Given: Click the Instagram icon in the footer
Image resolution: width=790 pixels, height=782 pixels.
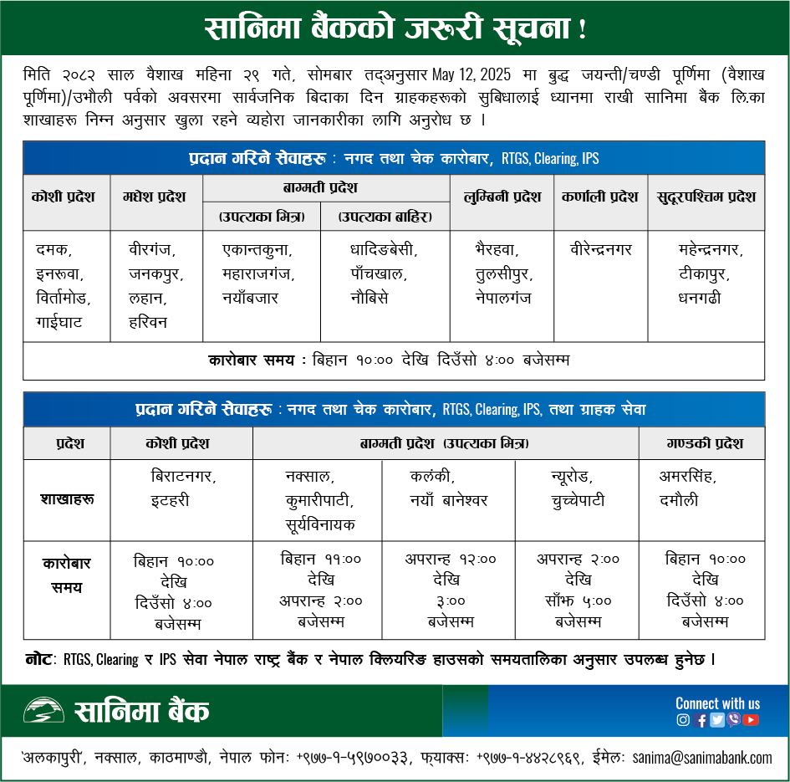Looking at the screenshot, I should click(x=683, y=719).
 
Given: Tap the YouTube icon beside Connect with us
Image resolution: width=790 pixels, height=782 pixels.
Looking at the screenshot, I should click(x=751, y=719).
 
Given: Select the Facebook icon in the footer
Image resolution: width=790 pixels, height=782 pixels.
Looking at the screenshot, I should click(x=701, y=719).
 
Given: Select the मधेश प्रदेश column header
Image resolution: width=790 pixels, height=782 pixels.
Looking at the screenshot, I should click(x=156, y=197).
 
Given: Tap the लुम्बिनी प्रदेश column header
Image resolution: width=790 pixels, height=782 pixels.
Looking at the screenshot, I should click(x=502, y=197).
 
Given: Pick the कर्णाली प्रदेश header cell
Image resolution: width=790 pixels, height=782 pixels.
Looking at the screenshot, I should click(x=600, y=197).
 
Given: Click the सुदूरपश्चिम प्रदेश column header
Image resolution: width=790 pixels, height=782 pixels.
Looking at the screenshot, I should click(x=706, y=197).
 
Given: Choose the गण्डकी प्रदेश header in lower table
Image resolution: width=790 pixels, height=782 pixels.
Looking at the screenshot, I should click(x=701, y=443).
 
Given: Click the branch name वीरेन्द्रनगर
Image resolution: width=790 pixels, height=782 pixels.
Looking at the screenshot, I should click(x=600, y=249).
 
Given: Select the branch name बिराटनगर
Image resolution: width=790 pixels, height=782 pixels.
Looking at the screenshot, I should click(x=183, y=477).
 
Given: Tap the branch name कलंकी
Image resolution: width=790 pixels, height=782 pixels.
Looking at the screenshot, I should click(x=432, y=477).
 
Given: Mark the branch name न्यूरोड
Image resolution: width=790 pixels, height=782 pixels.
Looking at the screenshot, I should click(x=571, y=477).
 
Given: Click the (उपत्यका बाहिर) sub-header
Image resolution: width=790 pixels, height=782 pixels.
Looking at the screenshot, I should click(x=385, y=217).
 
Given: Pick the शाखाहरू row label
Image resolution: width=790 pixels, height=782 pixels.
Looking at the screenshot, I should click(x=67, y=499).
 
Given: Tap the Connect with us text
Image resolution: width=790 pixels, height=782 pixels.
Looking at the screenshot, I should click(x=717, y=703).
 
